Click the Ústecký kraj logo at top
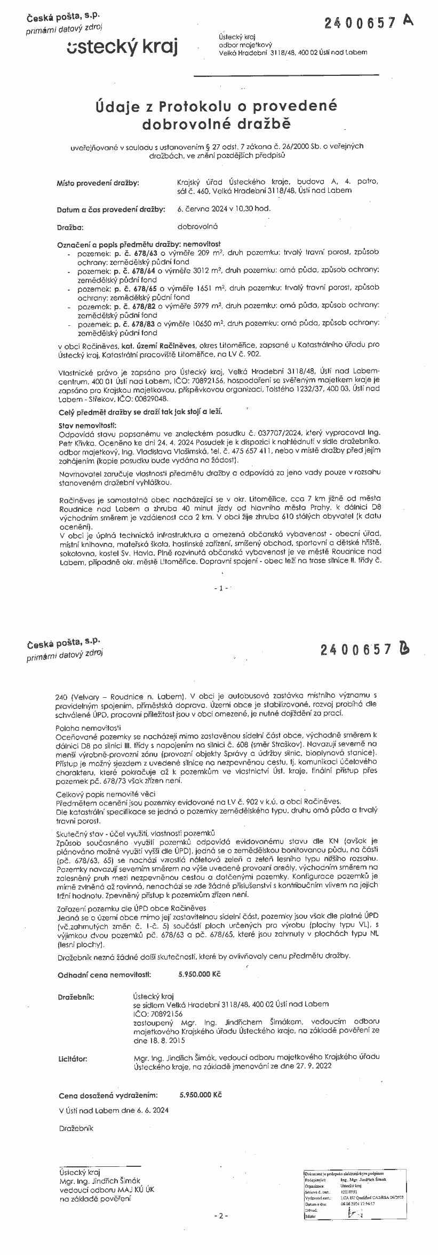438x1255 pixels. pos(123,46)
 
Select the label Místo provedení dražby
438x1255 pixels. pos(98,183)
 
